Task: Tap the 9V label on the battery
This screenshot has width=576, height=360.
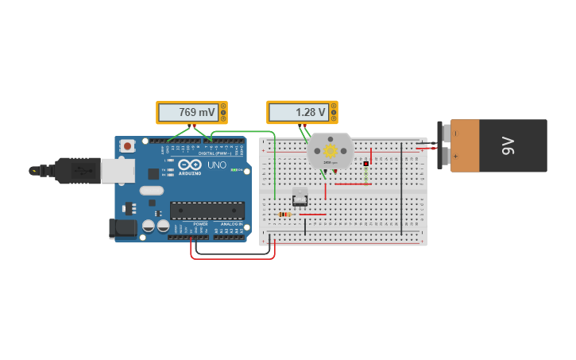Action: [508, 145]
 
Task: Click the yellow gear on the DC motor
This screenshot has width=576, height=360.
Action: [330, 150]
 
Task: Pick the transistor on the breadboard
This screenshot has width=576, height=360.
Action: [300, 196]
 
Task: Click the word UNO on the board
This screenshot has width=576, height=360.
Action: [216, 165]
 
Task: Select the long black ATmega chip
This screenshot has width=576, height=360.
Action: [207, 211]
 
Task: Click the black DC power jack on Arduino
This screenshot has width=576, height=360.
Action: [123, 228]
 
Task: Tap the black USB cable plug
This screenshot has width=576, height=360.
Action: [76, 171]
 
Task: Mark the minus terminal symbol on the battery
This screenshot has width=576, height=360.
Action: [455, 133]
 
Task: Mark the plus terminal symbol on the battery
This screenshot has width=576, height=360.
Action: [455, 157]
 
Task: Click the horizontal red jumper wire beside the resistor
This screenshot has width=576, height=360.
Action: [311, 214]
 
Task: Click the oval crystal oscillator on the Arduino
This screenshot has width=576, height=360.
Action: [151, 191]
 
